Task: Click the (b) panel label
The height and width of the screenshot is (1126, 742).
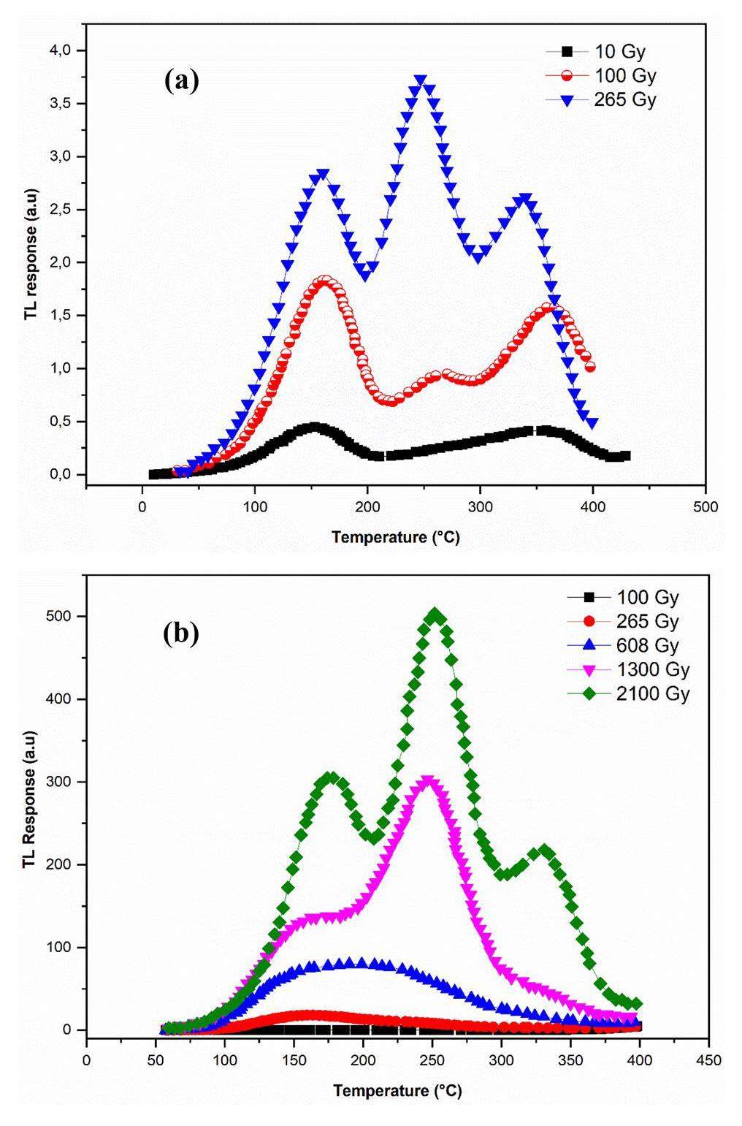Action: pyautogui.click(x=180, y=634)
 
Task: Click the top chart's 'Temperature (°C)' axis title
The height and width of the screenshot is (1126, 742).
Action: pyautogui.click(x=395, y=538)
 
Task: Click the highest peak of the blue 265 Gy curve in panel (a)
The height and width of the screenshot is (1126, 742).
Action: pyautogui.click(x=420, y=80)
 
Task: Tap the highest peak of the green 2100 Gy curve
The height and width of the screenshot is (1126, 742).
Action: pyautogui.click(x=435, y=616)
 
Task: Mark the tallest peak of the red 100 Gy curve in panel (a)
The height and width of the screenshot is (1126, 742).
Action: pyautogui.click(x=326, y=281)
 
